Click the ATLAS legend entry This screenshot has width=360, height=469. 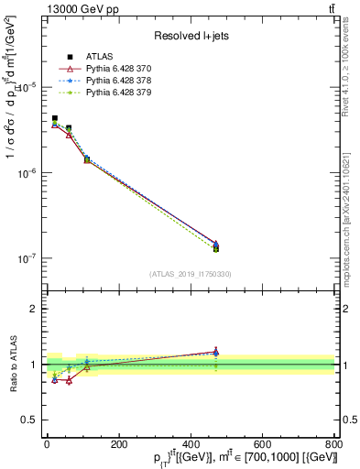(x=96, y=57)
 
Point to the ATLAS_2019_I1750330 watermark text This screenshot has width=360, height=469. (x=190, y=274)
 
